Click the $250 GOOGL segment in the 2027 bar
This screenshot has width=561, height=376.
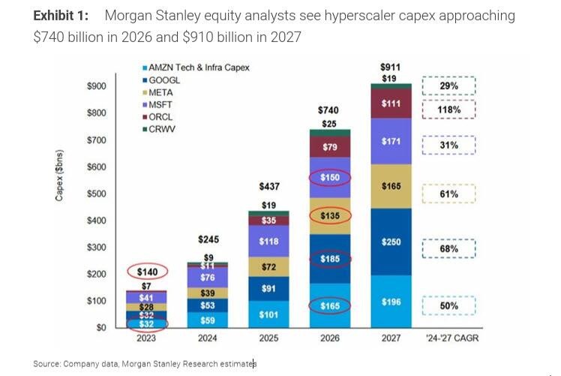(391, 241)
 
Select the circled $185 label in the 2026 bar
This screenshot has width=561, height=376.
(330, 259)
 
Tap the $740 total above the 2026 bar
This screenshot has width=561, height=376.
(329, 110)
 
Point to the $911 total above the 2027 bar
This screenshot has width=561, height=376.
(391, 67)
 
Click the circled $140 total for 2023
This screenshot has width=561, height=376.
(146, 272)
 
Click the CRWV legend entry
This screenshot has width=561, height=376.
(161, 129)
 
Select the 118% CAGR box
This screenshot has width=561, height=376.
(448, 110)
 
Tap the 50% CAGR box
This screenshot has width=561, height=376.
(448, 306)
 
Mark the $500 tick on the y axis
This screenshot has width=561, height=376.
(96, 194)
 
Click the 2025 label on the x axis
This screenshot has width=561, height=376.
(268, 338)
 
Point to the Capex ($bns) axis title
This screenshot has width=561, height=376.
(60, 176)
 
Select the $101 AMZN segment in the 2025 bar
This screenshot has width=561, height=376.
(268, 314)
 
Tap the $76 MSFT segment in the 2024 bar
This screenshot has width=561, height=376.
(208, 277)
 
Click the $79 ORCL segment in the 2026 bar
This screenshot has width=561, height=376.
(330, 147)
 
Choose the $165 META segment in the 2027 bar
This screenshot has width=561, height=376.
(391, 186)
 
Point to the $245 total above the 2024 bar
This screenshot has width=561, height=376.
(208, 239)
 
